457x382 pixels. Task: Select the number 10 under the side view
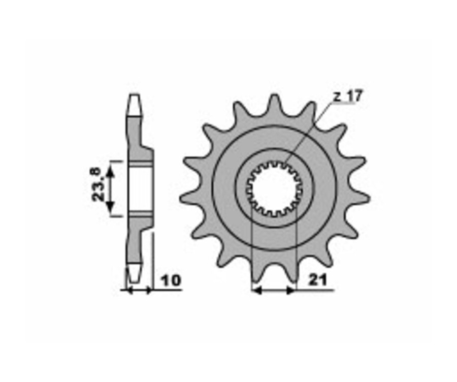(x=170, y=280)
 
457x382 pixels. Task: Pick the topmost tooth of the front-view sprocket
(x=274, y=102)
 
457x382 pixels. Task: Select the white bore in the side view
(x=141, y=188)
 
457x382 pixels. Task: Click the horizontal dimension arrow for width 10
(x=138, y=291)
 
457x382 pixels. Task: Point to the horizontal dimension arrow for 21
(x=274, y=291)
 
